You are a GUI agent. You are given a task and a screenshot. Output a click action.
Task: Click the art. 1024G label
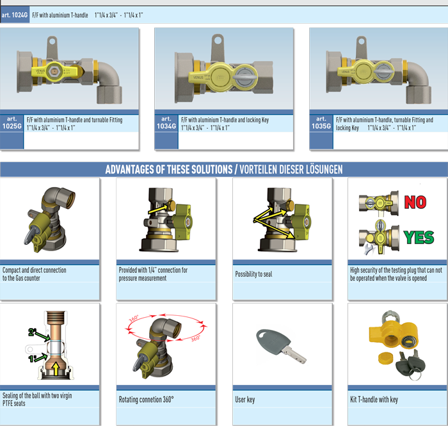pyautogui.click(x=14, y=15)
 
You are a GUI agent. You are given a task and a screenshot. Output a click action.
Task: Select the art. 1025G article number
pyautogui.click(x=12, y=122)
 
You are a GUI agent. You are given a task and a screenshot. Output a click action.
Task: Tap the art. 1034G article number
pyautogui.click(x=166, y=122)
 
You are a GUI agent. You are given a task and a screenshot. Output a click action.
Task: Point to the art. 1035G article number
pyautogui.click(x=321, y=122)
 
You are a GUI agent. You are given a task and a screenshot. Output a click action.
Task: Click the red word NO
pyautogui.click(x=415, y=202)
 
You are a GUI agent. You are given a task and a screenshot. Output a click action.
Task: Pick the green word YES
pyautogui.click(x=419, y=237)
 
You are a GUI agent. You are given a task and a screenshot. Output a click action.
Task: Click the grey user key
pyautogui.click(x=281, y=346)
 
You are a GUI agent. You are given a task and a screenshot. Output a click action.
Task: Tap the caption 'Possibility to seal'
pyautogui.click(x=253, y=274)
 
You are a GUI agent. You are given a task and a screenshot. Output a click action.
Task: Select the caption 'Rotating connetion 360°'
pyautogui.click(x=147, y=399)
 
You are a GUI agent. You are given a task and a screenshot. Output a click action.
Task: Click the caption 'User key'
pyautogui.click(x=245, y=399)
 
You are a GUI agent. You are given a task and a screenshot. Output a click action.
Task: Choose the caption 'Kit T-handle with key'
pyautogui.click(x=374, y=399)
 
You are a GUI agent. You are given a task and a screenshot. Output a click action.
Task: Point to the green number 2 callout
pyautogui.click(x=32, y=332)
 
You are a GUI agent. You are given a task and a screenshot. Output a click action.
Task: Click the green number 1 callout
pyautogui.click(x=32, y=358)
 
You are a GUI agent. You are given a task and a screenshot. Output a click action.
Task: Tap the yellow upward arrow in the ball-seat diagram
pyautogui.click(x=56, y=369)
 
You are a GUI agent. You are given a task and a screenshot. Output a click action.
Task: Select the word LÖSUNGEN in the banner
pyautogui.click(x=324, y=170)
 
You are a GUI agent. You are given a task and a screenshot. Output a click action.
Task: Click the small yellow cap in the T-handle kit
pyautogui.click(x=385, y=358)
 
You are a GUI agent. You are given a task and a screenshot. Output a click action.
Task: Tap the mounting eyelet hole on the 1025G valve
pyautogui.click(x=52, y=42)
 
